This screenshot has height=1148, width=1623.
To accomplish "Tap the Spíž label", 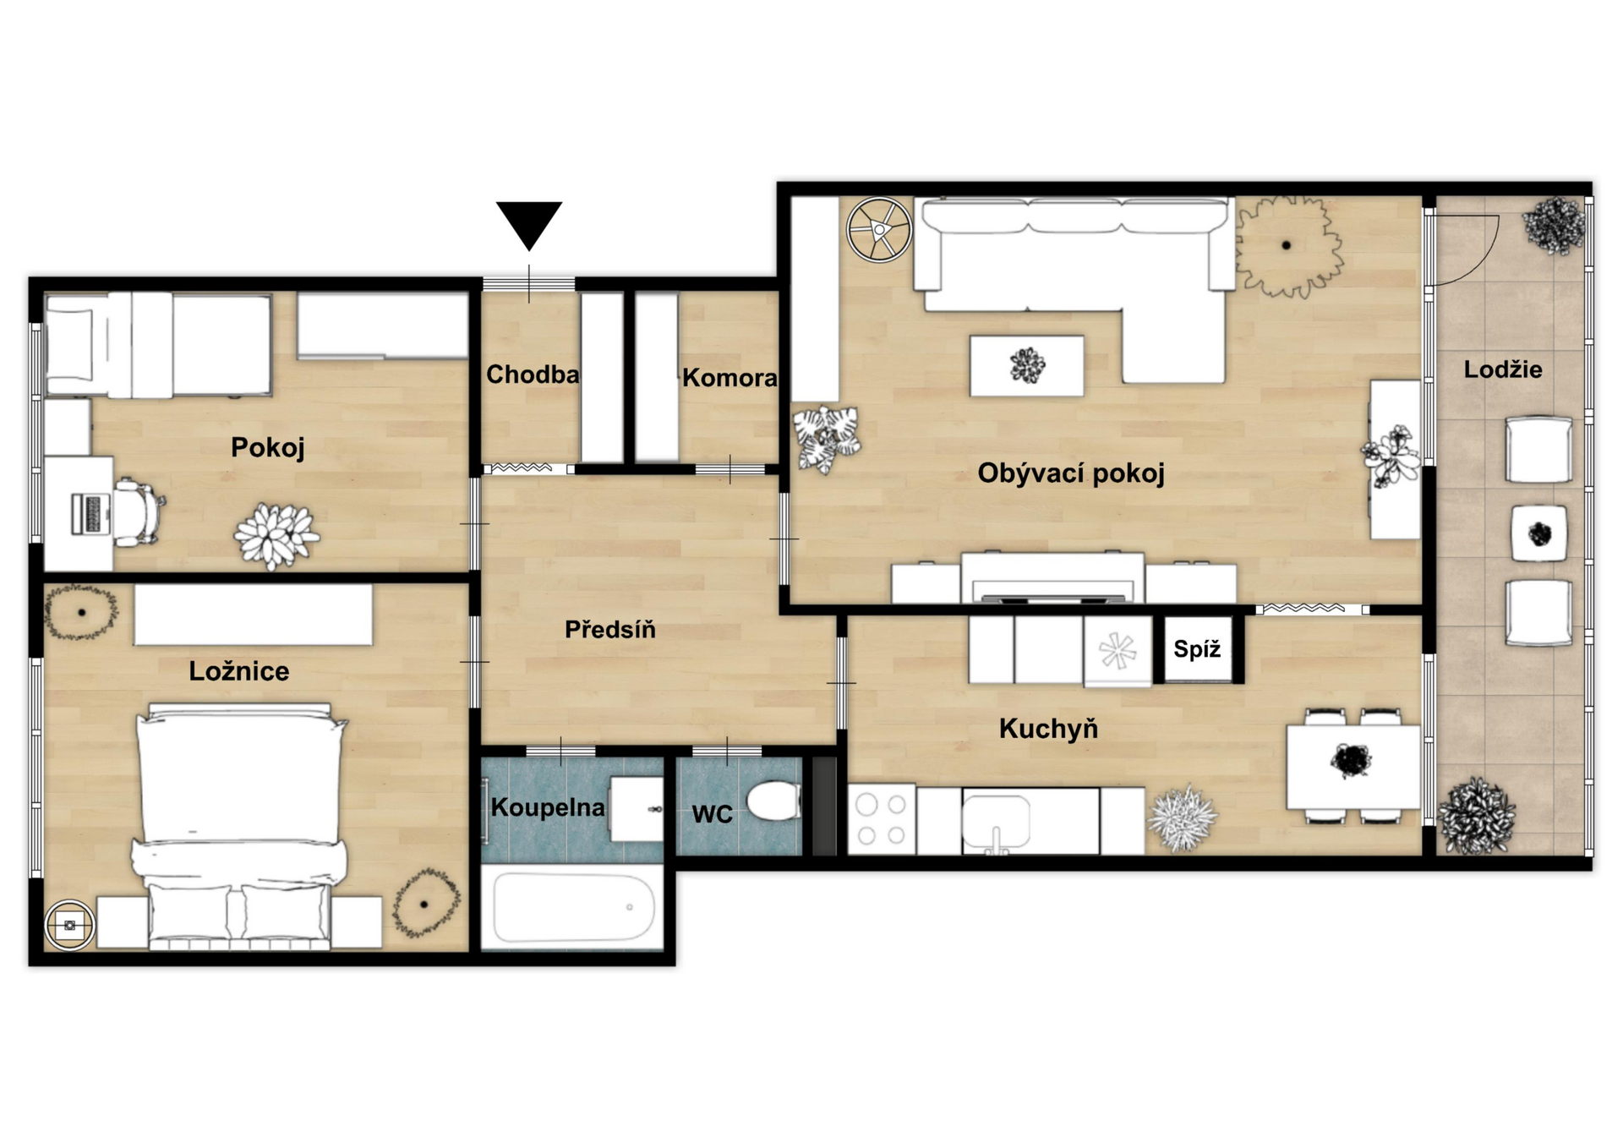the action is [x=1197, y=649].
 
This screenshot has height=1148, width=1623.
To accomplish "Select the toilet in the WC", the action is [x=773, y=801].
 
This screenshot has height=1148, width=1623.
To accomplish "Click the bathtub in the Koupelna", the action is [x=574, y=908].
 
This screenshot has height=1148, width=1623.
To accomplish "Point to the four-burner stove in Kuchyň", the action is [x=882, y=819].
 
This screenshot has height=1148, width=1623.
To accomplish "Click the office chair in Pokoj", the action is [x=139, y=511].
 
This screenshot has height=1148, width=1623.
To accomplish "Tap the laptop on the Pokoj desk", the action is [x=91, y=513].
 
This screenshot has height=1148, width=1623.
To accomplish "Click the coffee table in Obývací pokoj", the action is [x=1027, y=365].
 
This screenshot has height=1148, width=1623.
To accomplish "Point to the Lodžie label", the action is [x=1503, y=369].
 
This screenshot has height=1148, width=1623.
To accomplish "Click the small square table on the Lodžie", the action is [x=1538, y=533].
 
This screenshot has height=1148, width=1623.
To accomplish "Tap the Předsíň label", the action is [x=610, y=629].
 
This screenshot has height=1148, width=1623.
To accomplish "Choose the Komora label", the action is [x=730, y=378].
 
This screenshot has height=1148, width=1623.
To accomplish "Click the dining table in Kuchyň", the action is [x=1353, y=766].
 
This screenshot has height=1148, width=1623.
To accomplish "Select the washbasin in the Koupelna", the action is [x=637, y=809].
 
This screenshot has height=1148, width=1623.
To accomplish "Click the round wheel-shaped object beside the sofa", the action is [x=880, y=229].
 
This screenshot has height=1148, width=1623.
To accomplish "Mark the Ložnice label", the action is [x=239, y=671].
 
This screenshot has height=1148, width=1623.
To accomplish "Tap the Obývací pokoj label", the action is [x=1071, y=473].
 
